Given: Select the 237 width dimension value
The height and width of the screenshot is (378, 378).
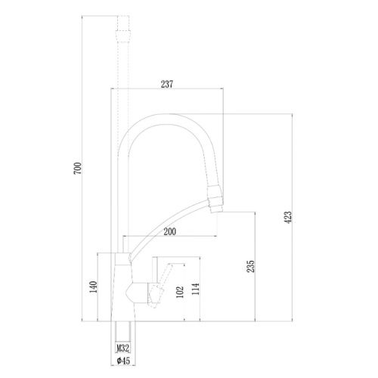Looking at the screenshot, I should [168, 84].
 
